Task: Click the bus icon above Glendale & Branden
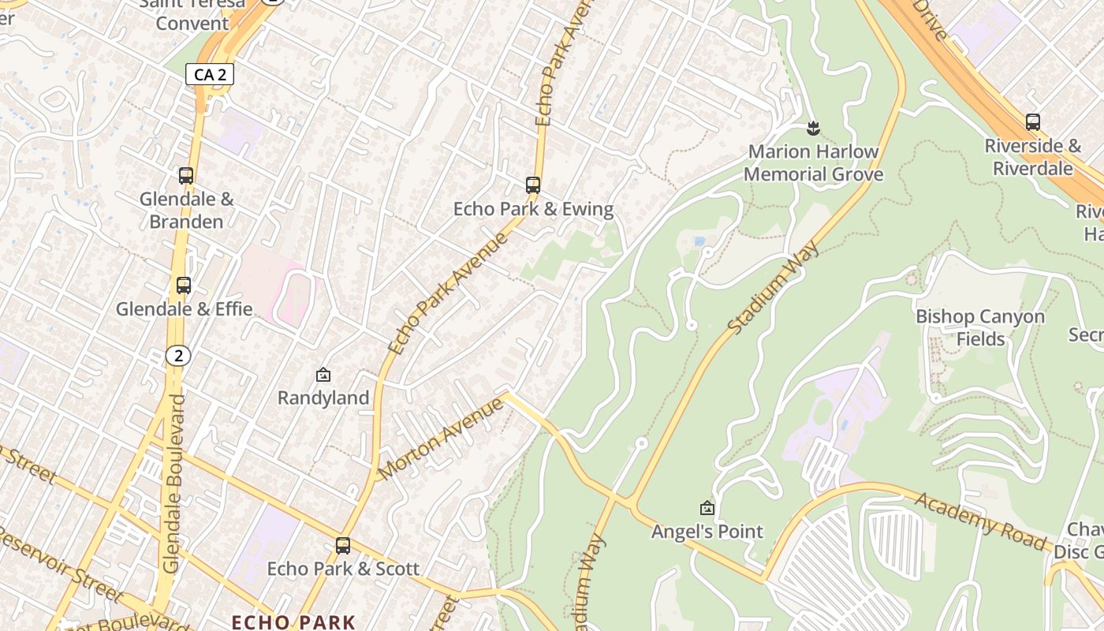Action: coord(186,176)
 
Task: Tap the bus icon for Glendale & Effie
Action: coord(184,286)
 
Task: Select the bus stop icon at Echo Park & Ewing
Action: coord(533,185)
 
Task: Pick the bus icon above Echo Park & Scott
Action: coord(343,545)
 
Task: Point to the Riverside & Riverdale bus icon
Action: coord(1033,122)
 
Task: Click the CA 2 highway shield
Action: coord(210,75)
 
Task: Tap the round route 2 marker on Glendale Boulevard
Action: coord(179,356)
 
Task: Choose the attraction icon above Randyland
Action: coord(323,375)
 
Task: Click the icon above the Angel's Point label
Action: coord(707,508)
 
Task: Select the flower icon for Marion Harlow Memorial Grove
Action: coord(813,128)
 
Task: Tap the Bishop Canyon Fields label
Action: coord(979,327)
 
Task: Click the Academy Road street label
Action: coord(979,521)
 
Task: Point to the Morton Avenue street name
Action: coord(441,439)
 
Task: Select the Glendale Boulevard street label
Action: coord(174,483)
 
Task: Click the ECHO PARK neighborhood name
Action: coord(293,622)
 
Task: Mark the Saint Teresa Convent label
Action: coord(192,13)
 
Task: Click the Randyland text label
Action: coord(323,398)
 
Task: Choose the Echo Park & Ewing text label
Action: coord(533,209)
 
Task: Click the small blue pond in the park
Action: coord(699,241)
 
